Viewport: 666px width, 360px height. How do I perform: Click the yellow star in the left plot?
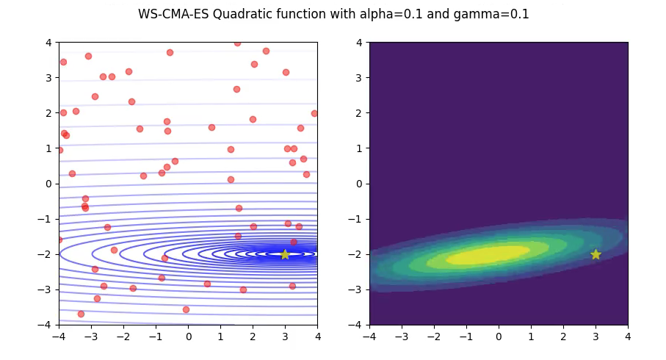tap(285, 254)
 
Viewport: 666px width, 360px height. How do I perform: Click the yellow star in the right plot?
tap(596, 254)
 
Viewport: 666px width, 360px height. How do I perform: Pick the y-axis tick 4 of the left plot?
tap(48, 43)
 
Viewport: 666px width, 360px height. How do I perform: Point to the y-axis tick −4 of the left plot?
tap(46, 325)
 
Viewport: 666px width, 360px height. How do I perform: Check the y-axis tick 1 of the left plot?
tap(48, 148)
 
